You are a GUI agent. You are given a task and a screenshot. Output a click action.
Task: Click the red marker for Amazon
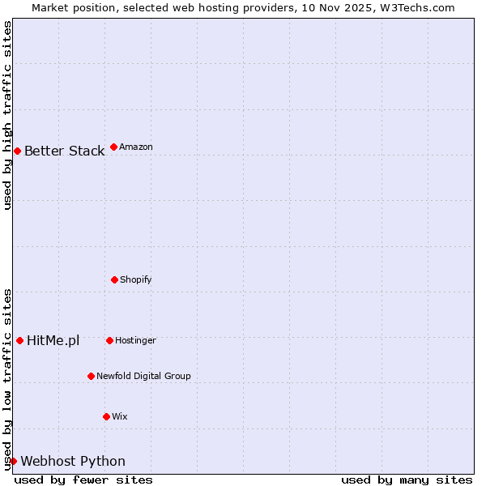pos(113,147)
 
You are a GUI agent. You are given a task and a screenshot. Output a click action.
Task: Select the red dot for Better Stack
pos(17,151)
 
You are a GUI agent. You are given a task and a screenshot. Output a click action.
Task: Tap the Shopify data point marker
pos(114,279)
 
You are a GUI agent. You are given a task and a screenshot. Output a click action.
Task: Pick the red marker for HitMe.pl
pos(19,340)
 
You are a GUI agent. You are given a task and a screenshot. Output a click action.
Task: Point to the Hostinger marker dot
pos(109,340)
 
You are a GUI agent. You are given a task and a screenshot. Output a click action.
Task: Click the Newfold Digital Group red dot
pos(91,376)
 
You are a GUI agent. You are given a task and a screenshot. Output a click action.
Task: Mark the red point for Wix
pos(106,416)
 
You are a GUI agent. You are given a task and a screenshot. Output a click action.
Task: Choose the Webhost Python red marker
pos(13,461)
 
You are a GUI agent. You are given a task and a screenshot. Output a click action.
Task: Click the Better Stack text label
pos(64,151)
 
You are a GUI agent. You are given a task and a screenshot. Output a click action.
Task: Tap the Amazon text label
pos(136,147)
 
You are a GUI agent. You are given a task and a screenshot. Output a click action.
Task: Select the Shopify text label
pos(136,280)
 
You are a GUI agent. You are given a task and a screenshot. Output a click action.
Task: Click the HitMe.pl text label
pos(53,341)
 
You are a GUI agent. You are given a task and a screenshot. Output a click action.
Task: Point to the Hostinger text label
pos(135,341)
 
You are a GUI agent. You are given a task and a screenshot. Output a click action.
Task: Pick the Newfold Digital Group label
pos(143,377)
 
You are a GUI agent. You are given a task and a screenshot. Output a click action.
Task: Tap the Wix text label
pos(120,417)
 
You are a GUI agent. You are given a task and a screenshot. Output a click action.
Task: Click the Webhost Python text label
pos(73,462)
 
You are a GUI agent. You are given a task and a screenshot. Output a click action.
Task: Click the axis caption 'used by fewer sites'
pos(83,480)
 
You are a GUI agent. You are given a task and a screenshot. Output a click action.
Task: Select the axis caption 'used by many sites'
pos(407,480)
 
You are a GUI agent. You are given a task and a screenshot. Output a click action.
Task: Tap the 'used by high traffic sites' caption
pos(7,115)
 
